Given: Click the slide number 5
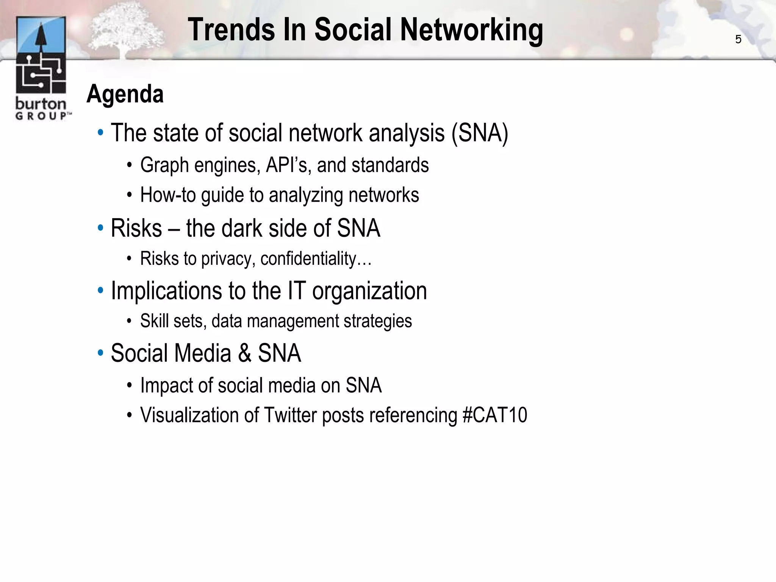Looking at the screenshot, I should tap(738, 39).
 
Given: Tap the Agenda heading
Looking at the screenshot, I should tap(125, 94).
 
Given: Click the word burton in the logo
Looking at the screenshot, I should tap(41, 103).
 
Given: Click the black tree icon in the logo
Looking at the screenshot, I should tap(41, 38).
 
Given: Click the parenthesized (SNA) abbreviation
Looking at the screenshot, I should tap(479, 133).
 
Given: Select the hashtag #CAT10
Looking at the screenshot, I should tap(494, 415).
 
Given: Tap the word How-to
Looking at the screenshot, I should tap(168, 195).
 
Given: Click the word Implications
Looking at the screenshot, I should tap(166, 291).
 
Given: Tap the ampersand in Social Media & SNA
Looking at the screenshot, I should tap(244, 353).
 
